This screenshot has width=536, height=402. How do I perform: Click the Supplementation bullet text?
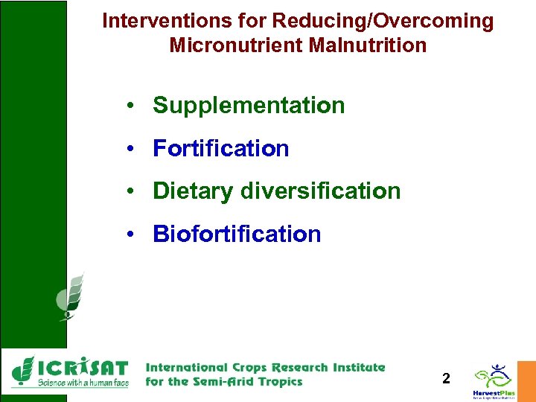tap(249, 106)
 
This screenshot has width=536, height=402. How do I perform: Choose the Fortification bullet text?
tap(220, 149)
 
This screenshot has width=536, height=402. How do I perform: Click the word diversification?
tap(320, 191)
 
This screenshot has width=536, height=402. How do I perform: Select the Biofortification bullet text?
tap(237, 234)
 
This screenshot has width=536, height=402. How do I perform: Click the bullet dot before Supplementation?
tap(130, 106)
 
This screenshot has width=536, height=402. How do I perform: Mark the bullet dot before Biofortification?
tap(130, 235)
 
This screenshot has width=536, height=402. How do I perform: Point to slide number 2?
tap(446, 379)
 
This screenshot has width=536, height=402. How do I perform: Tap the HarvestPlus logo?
tap(493, 380)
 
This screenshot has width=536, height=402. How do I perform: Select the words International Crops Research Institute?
tap(266, 367)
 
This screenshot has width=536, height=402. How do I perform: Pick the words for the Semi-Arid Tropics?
tap(224, 382)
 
